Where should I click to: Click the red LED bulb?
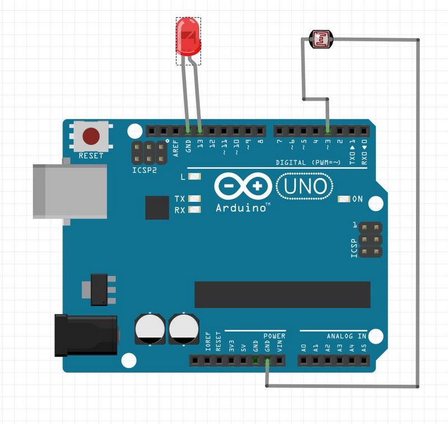(x=188, y=36)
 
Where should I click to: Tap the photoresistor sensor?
(x=321, y=39)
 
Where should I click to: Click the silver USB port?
(x=70, y=191)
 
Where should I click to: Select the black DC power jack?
(x=86, y=335)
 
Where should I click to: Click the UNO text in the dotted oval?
(x=305, y=186)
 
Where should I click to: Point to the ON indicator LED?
(x=344, y=199)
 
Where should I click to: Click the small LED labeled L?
(x=194, y=176)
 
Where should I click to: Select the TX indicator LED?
(x=194, y=199)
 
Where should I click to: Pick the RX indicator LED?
(x=194, y=209)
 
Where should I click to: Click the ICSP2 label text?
(x=144, y=170)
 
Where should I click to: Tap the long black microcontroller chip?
(x=282, y=294)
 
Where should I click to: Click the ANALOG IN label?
(x=347, y=336)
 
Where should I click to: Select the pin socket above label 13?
(x=200, y=131)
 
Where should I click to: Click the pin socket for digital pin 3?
(x=328, y=131)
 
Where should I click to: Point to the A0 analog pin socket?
(x=304, y=361)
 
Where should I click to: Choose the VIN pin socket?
(x=279, y=361)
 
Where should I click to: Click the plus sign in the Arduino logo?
(x=258, y=186)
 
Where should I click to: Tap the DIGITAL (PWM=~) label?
(x=308, y=163)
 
